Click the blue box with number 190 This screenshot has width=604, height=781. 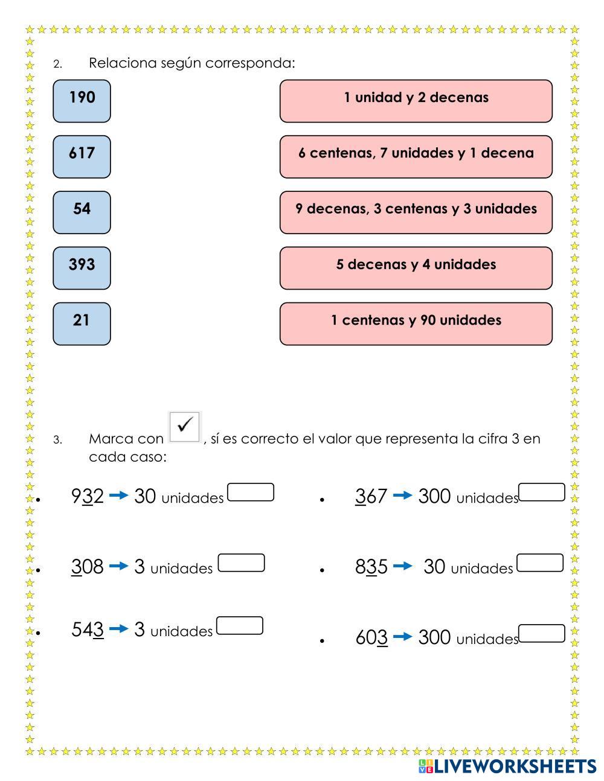(x=82, y=101)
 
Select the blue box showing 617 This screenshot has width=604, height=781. (x=82, y=156)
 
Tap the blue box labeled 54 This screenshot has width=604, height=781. (x=82, y=212)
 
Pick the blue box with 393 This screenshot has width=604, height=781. (x=82, y=267)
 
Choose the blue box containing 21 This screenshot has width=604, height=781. (x=82, y=324)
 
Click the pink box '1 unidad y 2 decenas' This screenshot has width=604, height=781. (x=416, y=101)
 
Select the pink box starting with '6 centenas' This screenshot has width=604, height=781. (x=416, y=156)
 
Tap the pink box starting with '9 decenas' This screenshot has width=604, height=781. (x=416, y=212)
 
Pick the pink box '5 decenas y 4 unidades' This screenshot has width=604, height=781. (x=416, y=267)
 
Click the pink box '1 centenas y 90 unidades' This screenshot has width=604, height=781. (x=416, y=324)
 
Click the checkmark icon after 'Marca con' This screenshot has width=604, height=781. (x=185, y=426)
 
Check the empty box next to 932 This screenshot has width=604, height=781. (x=251, y=493)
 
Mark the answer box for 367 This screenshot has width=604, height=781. (x=542, y=493)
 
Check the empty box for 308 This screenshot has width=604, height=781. (x=241, y=563)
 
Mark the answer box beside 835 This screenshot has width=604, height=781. (x=540, y=563)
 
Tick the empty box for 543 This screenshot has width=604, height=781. (x=239, y=626)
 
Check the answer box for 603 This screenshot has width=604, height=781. (x=542, y=634)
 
